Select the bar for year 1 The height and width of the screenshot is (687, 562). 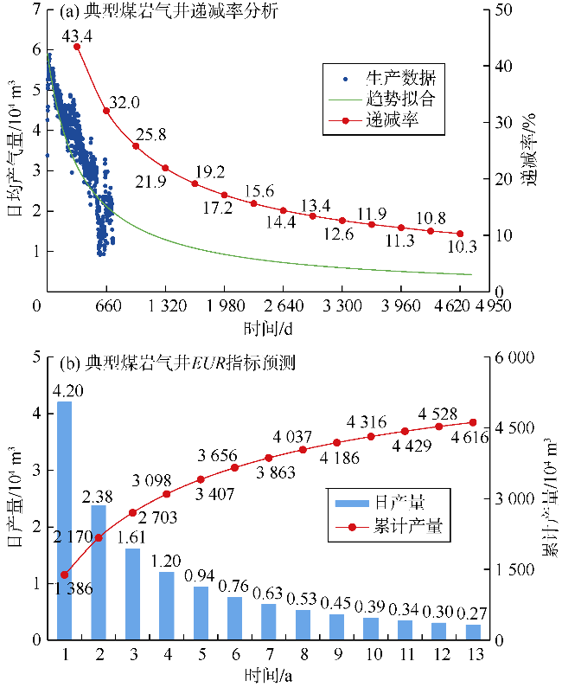pyautogui.click(x=65, y=519)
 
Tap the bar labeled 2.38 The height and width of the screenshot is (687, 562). pyautogui.click(x=99, y=571)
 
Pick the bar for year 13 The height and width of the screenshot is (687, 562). pyautogui.click(x=473, y=632)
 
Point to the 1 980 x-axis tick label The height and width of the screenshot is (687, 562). pyautogui.click(x=224, y=305)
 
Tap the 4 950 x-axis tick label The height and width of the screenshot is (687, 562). pyautogui.click(x=478, y=305)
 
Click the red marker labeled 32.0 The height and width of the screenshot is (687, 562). pyautogui.click(x=106, y=110)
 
